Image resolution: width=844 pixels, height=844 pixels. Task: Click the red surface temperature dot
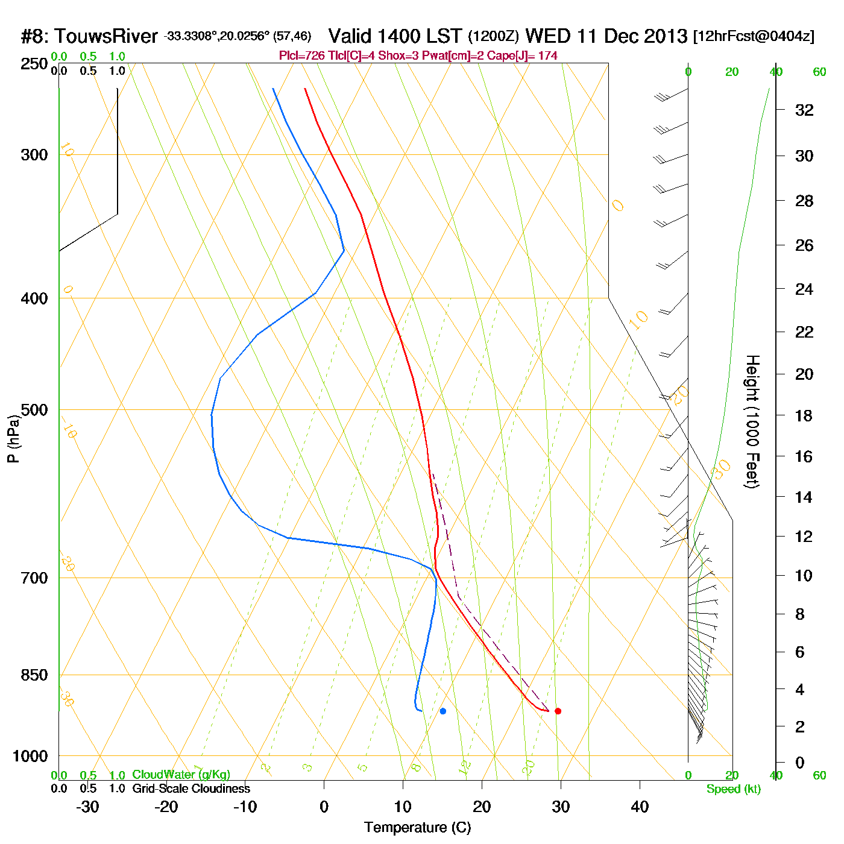(558, 711)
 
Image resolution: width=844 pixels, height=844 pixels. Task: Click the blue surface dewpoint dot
(443, 711)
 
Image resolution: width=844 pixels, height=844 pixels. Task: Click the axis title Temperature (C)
(417, 828)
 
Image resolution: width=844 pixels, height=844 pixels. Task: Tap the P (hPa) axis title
(13, 438)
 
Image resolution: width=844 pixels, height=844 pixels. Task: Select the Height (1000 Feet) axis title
(752, 421)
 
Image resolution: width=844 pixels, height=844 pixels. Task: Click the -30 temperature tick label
(87, 807)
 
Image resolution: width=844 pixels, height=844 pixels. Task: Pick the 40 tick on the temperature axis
(640, 807)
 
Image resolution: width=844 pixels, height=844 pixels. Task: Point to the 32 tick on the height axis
(804, 110)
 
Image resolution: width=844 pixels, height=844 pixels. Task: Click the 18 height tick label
(804, 416)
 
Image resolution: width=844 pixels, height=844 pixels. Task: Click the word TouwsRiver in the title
(106, 37)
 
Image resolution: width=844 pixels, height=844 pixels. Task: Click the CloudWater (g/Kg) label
(181, 775)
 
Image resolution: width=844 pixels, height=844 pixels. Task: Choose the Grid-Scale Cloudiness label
(191, 789)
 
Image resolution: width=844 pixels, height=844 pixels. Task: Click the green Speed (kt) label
(734, 789)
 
